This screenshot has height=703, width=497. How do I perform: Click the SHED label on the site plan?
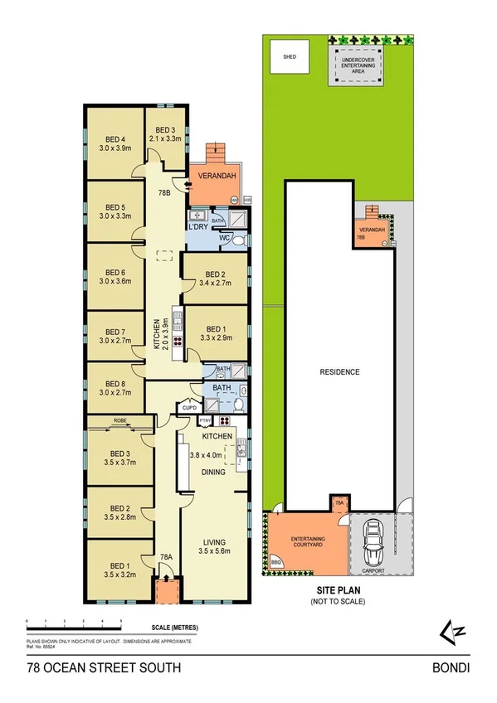click(290, 59)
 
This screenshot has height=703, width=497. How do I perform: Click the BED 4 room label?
click(115, 139)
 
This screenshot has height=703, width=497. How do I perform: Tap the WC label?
click(224, 240)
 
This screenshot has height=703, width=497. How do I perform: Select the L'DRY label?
click(197, 226)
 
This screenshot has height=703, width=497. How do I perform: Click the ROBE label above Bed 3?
click(119, 420)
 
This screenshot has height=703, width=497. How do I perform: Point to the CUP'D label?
click(190, 407)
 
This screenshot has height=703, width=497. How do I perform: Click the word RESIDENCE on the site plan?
click(340, 372)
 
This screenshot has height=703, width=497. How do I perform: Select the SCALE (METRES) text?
click(175, 628)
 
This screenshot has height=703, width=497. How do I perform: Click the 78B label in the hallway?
click(164, 192)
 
